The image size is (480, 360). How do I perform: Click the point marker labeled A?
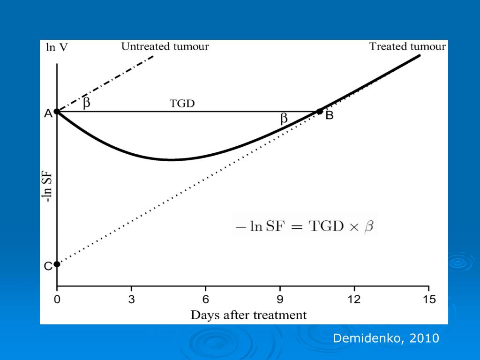coord(57,112)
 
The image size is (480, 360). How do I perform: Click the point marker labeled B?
coord(320,112)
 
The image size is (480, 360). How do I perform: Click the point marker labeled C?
coord(57,264)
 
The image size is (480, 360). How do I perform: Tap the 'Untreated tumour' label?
coord(165,46)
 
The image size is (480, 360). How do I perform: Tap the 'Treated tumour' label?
coord(407,46)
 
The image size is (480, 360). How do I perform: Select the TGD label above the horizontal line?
coord(182,104)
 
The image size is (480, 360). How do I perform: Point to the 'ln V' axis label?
coord(57,47)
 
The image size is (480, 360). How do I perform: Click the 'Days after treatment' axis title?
coord(248,315)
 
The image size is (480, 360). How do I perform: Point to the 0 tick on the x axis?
coord(57,299)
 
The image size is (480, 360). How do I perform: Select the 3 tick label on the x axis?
coord(131,299)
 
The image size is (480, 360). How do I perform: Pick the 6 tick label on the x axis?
coord(205,299)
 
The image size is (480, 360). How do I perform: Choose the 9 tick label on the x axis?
coord(280,299)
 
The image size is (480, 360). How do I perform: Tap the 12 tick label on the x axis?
coord(354,299)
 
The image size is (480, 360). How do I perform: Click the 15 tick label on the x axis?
coord(428,299)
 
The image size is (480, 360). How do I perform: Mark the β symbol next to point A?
coord(86,103)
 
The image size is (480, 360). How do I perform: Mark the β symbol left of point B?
coord(284,119)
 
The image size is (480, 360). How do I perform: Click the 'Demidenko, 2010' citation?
coord(386,338)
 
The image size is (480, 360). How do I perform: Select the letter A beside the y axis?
coord(48,113)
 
